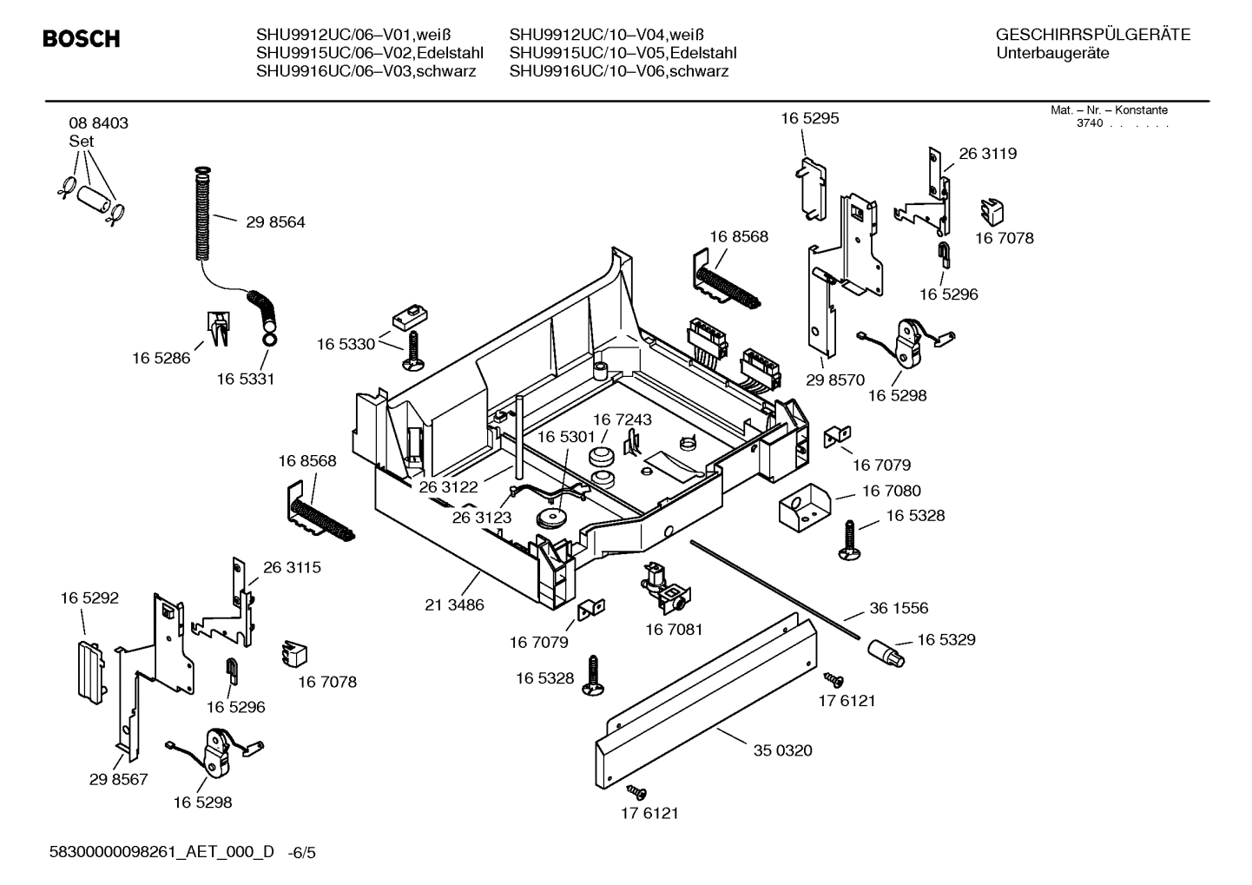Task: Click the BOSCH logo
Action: point(81,39)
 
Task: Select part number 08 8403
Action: point(98,123)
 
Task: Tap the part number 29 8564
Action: point(275,222)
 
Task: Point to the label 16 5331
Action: point(245,380)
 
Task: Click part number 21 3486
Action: point(454,604)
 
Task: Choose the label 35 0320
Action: point(782,750)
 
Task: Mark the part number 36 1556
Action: point(899,609)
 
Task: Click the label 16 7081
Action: point(674,629)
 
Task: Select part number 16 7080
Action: point(891,492)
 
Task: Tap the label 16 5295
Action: point(809,118)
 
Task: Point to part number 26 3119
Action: point(987,154)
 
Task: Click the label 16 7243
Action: point(622,419)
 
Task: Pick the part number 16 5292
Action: point(89,598)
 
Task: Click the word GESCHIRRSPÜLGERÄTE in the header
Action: point(1092,36)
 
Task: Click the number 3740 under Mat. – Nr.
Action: point(1089,123)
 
